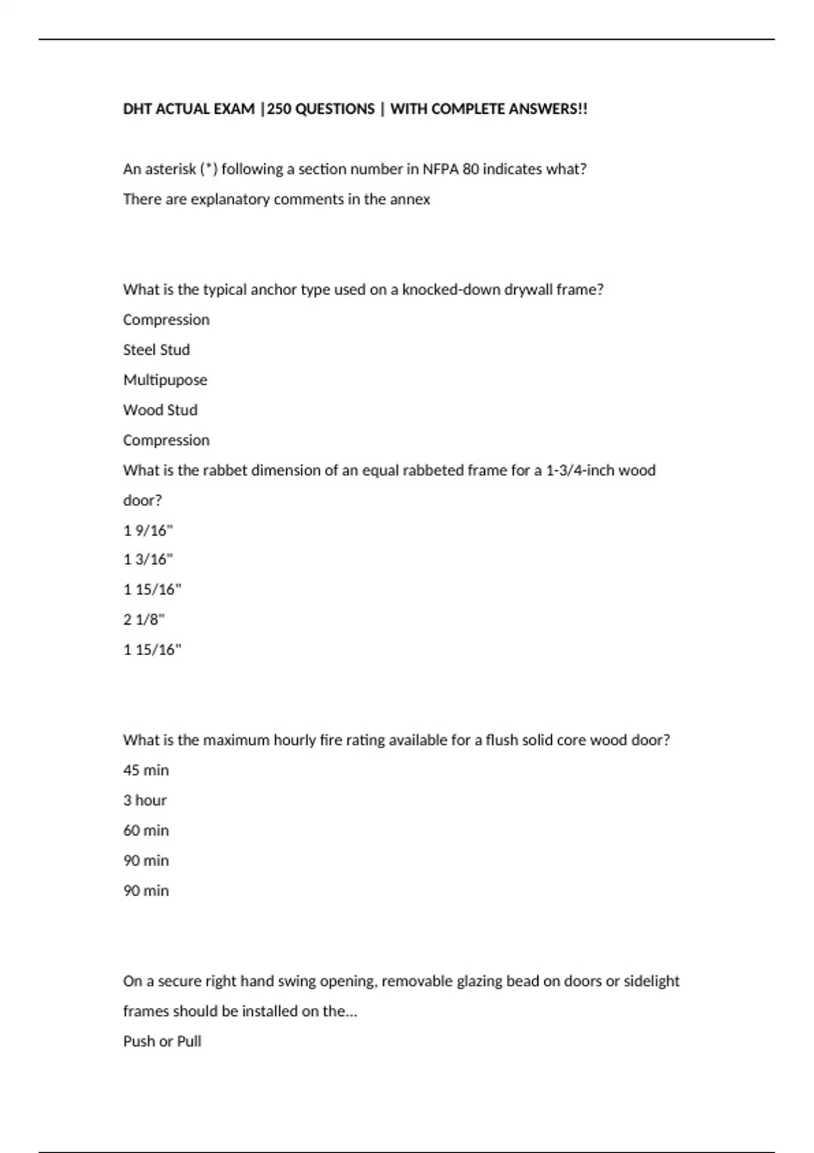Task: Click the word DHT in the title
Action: [137, 109]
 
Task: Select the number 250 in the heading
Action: [279, 109]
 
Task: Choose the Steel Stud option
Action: [156, 350]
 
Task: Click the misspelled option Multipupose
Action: [165, 380]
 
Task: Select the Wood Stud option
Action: [160, 410]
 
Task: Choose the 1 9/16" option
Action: [148, 530]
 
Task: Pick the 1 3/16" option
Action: [148, 560]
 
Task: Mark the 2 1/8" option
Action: [144, 619]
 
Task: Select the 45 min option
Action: [146, 770]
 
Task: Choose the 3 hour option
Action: [144, 800]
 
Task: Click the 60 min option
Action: [146, 830]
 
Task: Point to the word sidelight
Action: [651, 981]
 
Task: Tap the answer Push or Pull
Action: [162, 1042]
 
